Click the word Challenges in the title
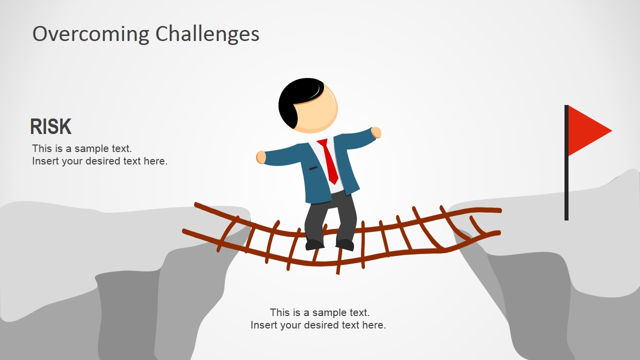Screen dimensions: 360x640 (x=207, y=34)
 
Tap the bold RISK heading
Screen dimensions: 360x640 (x=50, y=127)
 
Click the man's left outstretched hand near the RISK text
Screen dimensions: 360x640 (x=261, y=157)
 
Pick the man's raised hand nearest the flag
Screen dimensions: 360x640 (x=376, y=132)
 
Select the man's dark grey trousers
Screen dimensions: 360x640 (x=330, y=215)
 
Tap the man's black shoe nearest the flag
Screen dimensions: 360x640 (x=345, y=244)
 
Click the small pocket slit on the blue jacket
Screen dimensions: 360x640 (x=313, y=168)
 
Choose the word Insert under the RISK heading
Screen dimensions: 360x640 (x=45, y=161)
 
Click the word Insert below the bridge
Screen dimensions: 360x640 (x=264, y=325)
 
